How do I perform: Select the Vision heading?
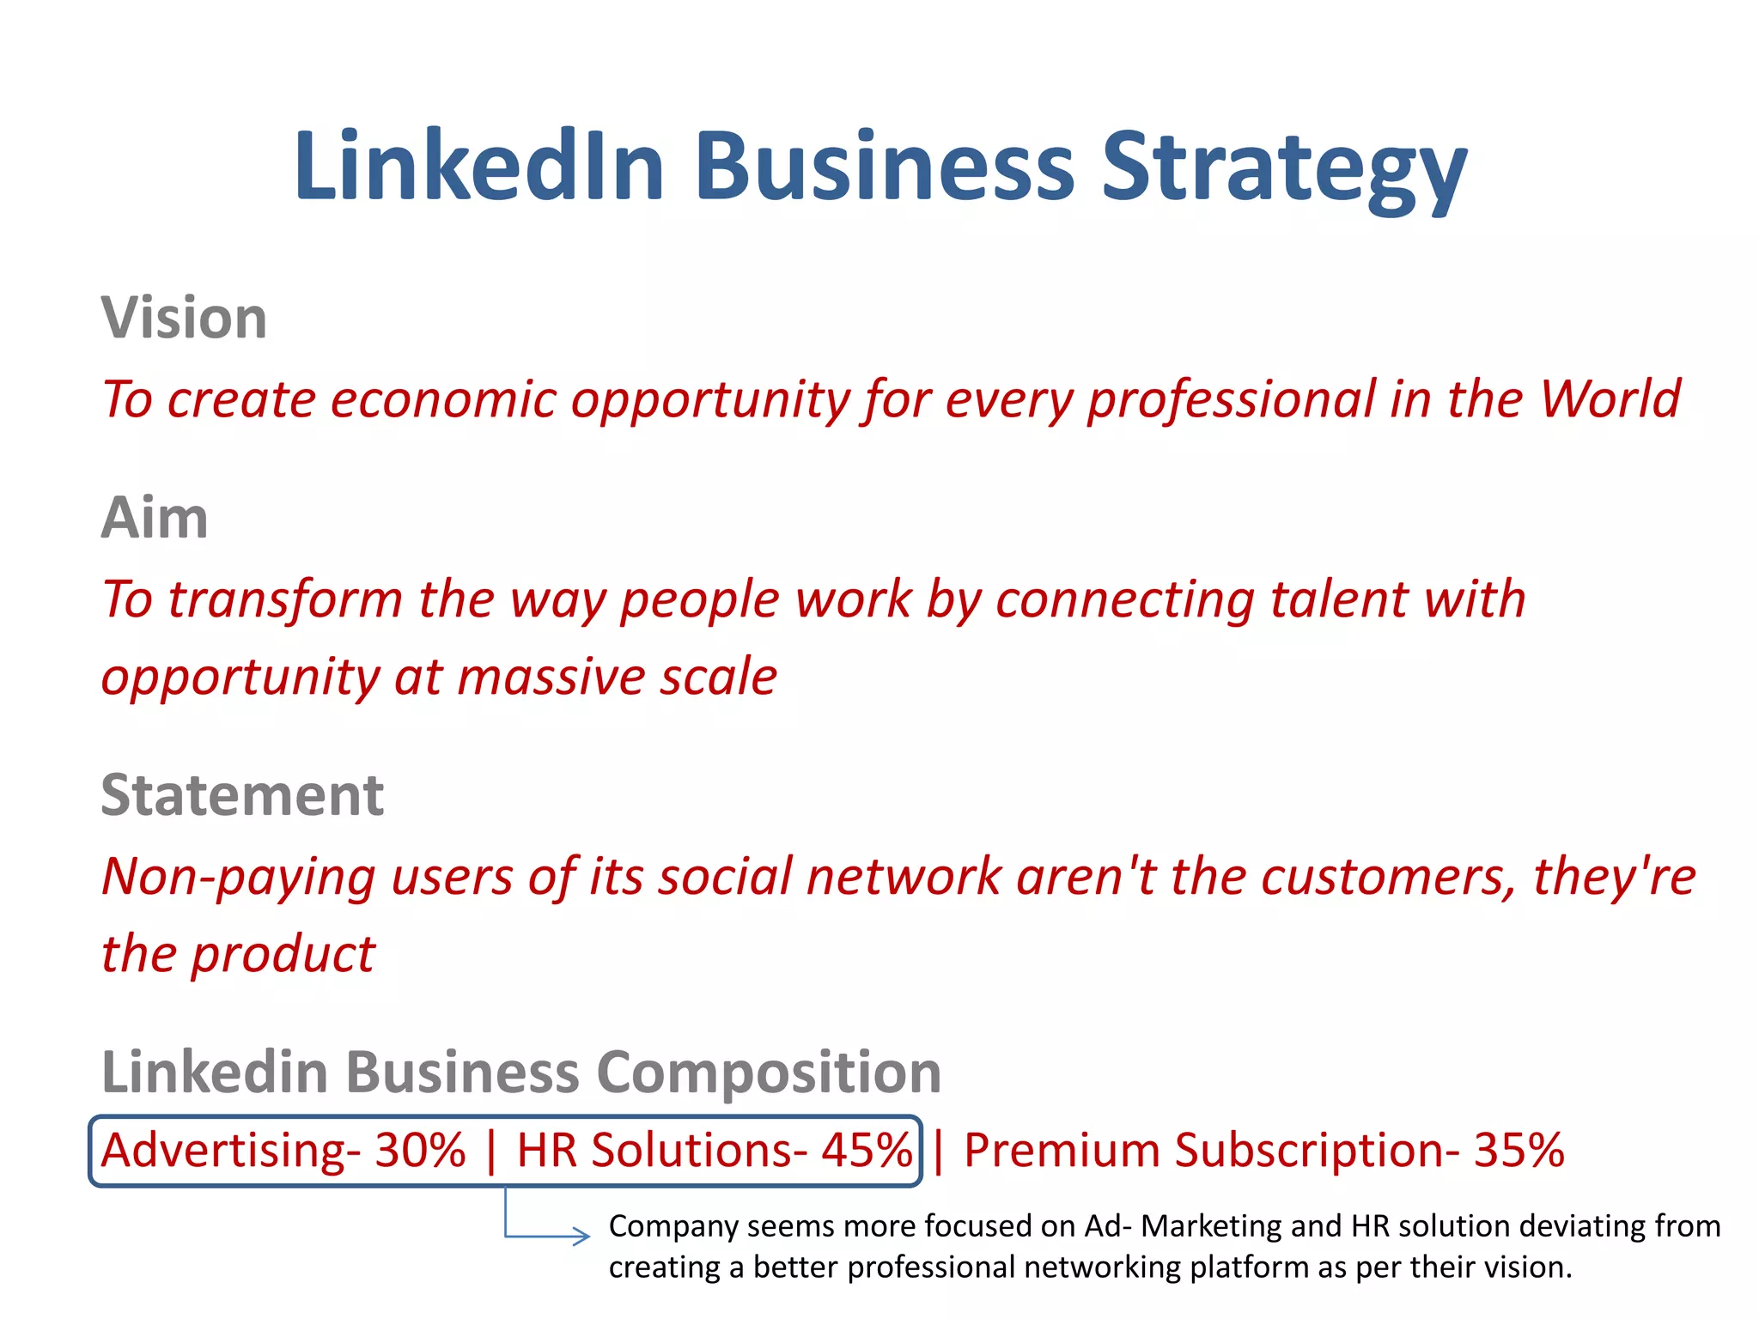click(184, 318)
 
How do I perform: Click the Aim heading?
click(155, 518)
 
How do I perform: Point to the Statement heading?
click(242, 795)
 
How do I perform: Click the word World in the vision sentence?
click(1610, 399)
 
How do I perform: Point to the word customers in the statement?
click(1388, 878)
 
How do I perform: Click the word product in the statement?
click(283, 955)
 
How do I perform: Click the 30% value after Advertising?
click(420, 1150)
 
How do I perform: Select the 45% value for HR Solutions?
click(866, 1150)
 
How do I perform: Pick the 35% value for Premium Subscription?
click(1519, 1150)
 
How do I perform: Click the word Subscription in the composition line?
click(1309, 1152)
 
